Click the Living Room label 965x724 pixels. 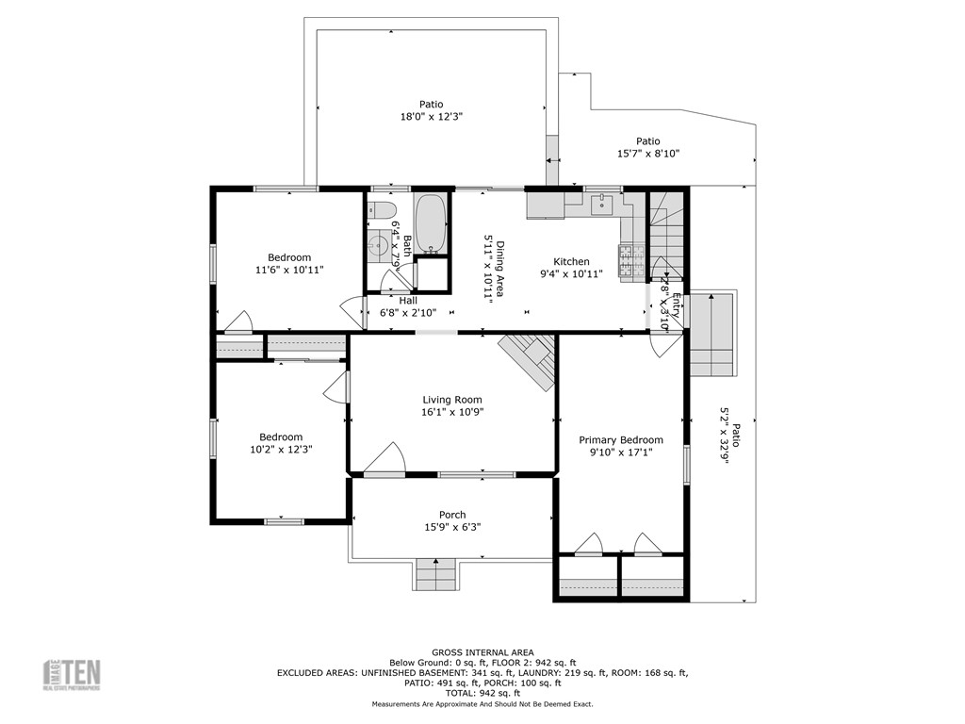click(452, 400)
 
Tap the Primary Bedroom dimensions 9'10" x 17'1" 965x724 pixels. click(620, 452)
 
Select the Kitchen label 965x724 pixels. click(571, 262)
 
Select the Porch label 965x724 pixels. click(452, 515)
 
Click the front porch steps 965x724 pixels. click(435, 573)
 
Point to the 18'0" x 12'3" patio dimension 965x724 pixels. click(432, 116)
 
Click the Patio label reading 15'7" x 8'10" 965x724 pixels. click(648, 141)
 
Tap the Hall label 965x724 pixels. click(408, 301)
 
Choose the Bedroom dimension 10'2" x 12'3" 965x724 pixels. click(281, 450)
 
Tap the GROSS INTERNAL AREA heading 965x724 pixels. click(482, 652)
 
